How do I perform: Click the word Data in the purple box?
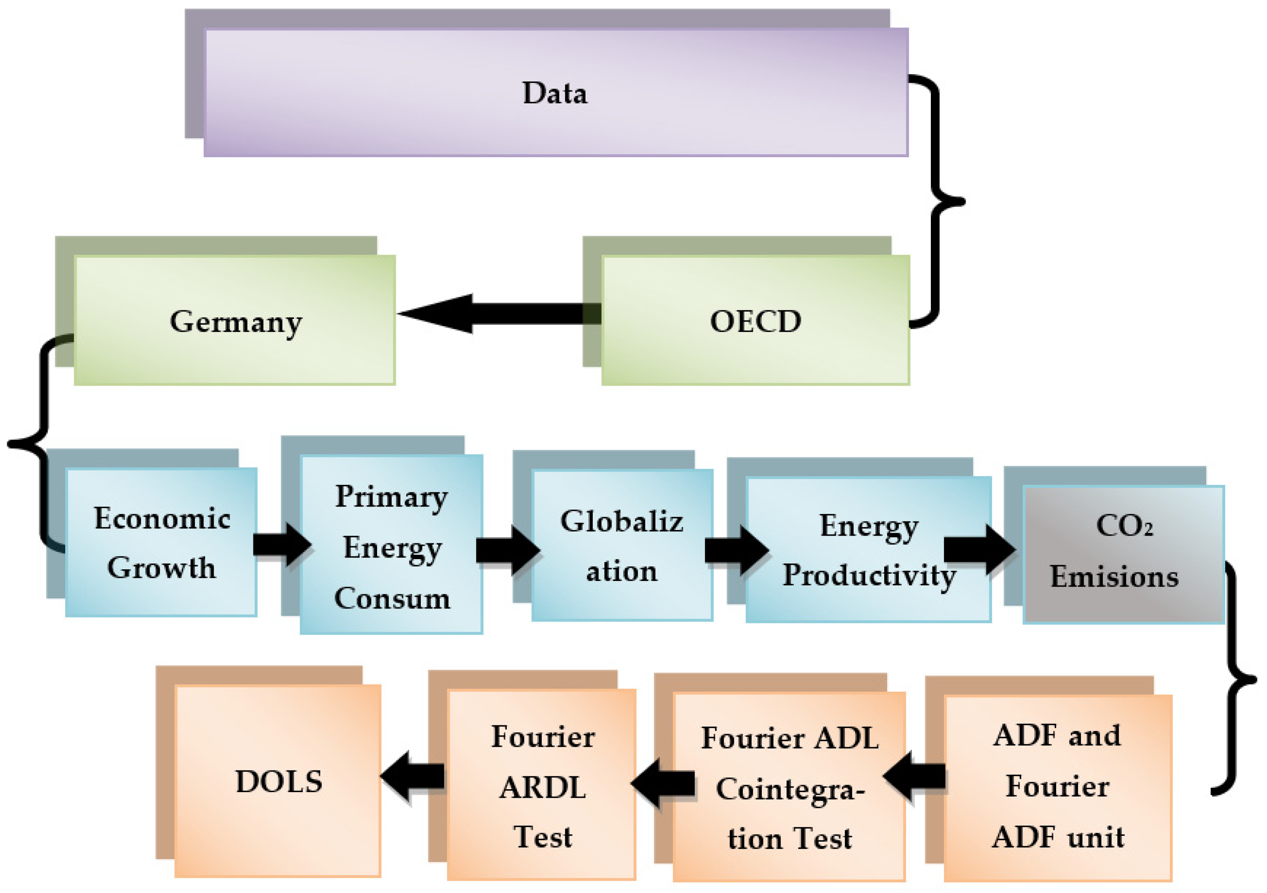[555, 93]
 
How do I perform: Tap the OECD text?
[755, 322]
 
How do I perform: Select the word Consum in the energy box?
[392, 598]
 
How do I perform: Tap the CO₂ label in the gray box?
[1124, 525]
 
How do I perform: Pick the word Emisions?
[1114, 577]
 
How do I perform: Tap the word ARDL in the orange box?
[542, 788]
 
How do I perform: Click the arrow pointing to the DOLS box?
[413, 777]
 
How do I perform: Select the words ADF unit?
[1058, 838]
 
